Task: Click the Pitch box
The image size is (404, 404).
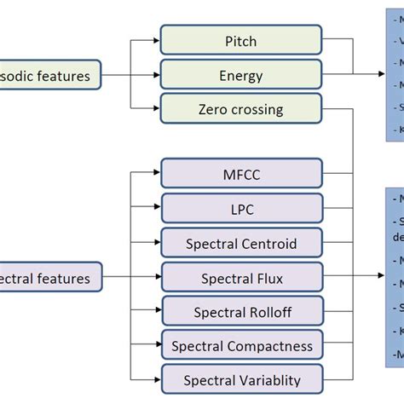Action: point(241,41)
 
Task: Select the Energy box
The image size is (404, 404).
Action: point(241,76)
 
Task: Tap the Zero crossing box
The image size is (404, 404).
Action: point(241,109)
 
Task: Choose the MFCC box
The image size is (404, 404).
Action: point(241,175)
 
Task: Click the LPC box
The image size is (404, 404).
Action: point(241,209)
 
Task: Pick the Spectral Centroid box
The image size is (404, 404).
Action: point(241,244)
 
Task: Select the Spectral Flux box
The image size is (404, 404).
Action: point(241,278)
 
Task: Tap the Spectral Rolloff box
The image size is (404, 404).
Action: point(241,312)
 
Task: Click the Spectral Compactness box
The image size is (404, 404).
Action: point(241,346)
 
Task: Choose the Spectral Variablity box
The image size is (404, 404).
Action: point(241,378)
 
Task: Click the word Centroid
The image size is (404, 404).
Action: point(268,244)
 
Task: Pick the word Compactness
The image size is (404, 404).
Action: point(270,346)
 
